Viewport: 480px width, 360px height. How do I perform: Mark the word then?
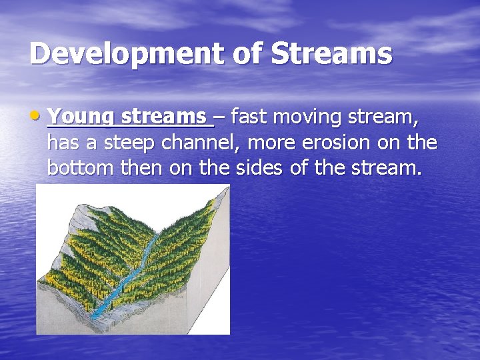143,167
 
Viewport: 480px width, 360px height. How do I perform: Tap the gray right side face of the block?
217,280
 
